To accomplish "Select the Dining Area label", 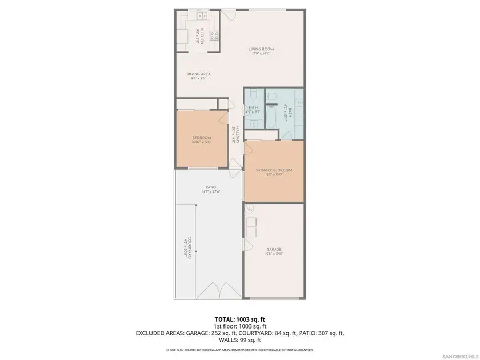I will (x=198, y=74).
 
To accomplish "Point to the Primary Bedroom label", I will (x=274, y=170).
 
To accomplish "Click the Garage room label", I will (x=274, y=249).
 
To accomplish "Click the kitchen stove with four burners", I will (x=214, y=36).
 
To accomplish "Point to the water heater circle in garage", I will (x=250, y=210).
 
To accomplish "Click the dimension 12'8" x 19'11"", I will (x=274, y=254).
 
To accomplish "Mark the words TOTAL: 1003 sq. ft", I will (x=239, y=318).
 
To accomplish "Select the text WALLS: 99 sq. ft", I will (x=239, y=340).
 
